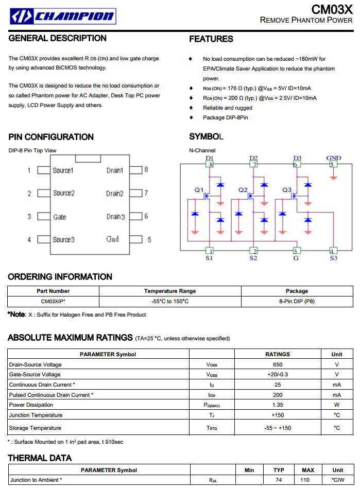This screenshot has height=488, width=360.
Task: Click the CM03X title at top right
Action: click(x=332, y=9)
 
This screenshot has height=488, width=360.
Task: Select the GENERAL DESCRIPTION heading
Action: click(x=58, y=38)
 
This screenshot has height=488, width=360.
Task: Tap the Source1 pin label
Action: click(x=63, y=170)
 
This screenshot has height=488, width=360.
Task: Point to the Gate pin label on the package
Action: click(x=60, y=217)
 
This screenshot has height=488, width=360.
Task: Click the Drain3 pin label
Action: click(x=115, y=217)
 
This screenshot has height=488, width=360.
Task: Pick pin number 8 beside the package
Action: click(x=146, y=169)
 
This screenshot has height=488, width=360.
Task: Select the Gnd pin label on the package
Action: click(x=112, y=239)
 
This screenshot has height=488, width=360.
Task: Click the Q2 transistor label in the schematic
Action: click(x=243, y=190)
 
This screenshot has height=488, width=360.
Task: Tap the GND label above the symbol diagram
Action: click(x=333, y=158)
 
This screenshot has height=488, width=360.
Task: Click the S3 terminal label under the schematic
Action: click(x=333, y=258)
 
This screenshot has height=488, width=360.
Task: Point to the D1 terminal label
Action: click(x=210, y=158)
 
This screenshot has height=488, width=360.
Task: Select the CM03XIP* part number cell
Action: click(x=53, y=301)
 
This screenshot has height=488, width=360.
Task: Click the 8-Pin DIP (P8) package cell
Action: click(x=297, y=301)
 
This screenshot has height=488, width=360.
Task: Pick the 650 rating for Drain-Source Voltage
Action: click(x=278, y=364)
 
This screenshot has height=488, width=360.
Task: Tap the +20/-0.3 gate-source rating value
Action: click(x=278, y=374)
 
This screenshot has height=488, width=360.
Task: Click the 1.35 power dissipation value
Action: click(x=278, y=405)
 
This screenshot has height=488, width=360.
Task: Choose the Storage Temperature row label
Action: click(x=35, y=428)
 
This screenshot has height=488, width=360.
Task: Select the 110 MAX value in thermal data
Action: click(x=308, y=480)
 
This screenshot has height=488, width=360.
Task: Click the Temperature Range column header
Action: click(x=170, y=291)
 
